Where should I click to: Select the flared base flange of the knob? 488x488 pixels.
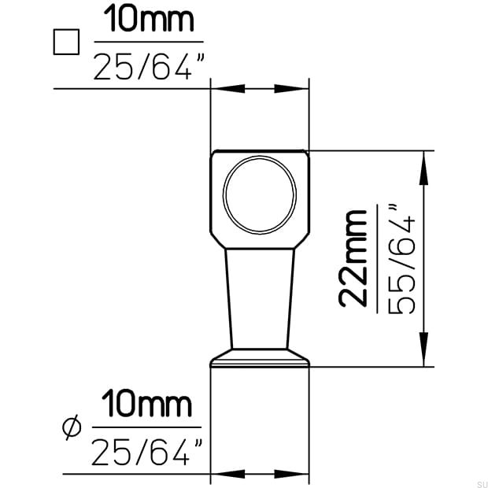260,359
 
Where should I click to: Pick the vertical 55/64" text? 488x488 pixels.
402,258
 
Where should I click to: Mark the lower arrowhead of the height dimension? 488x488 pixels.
424,353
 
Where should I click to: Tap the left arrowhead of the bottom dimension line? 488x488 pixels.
221,475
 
